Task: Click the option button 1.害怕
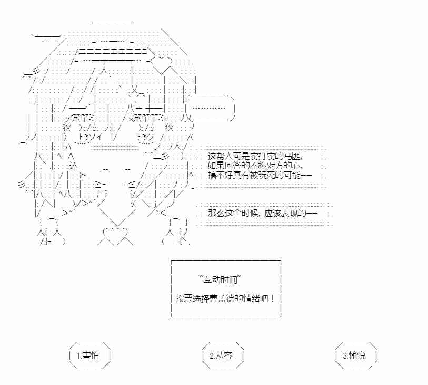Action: pyautogui.click(x=89, y=355)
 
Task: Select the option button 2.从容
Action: pyautogui.click(x=223, y=355)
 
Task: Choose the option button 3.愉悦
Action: pyautogui.click(x=356, y=355)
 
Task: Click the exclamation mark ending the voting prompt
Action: pyautogui.click(x=272, y=299)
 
